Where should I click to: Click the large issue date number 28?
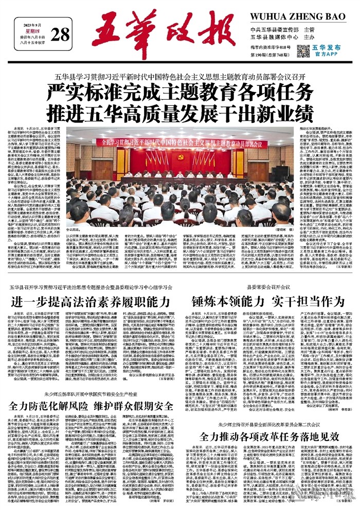tap(60, 34)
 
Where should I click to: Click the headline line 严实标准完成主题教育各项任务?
tap(179, 93)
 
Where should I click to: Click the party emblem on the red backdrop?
tap(166, 155)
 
